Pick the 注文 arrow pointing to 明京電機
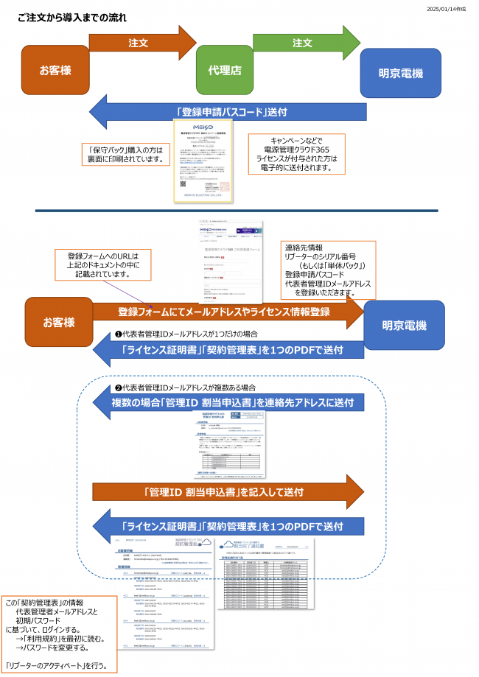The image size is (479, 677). click(302, 43)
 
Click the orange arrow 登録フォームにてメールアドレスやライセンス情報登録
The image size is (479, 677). click(225, 312)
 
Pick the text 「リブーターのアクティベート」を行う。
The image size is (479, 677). click(57, 666)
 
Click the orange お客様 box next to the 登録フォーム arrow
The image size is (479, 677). click(57, 323)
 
